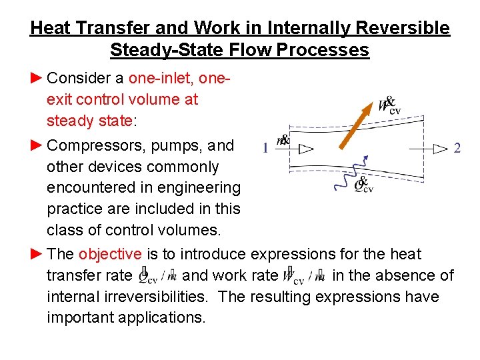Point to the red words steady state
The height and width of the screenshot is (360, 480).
(89, 121)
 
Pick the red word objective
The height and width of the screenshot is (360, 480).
(110, 254)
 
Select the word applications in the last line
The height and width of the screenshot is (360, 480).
(159, 317)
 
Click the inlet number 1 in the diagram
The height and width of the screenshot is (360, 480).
(265, 149)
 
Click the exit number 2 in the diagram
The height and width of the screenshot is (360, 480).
(457, 149)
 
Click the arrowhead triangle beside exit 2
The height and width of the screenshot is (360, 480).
(441, 149)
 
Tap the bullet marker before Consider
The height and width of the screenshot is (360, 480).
(37, 78)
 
